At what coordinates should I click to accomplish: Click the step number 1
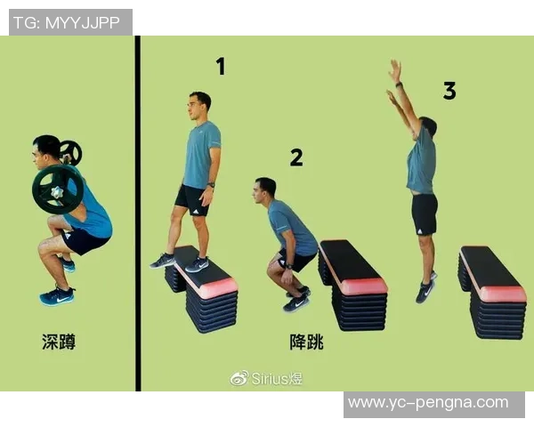coord(221,67)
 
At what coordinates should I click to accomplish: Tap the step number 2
coord(296,157)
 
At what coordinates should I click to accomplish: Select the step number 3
coord(449,91)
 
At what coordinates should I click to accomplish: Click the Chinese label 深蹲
coord(59,342)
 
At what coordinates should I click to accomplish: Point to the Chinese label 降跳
coord(306,342)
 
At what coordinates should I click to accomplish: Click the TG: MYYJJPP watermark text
coord(67,23)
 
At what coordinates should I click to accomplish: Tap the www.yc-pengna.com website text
coord(428,403)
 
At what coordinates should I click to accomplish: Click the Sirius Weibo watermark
coord(266,378)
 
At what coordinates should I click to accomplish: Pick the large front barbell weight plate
coord(58,189)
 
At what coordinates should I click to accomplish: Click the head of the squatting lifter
coord(47,149)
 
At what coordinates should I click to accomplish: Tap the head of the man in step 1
coord(199,106)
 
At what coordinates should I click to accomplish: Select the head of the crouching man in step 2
coord(264,190)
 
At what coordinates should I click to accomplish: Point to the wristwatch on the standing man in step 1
coord(211,185)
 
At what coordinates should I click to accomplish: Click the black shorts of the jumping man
coord(425,214)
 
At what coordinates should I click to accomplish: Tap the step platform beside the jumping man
coord(492,292)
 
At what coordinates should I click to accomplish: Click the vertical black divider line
coord(138,213)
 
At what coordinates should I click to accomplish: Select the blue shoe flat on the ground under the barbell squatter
coord(57,296)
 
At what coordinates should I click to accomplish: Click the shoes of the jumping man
coord(425,288)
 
